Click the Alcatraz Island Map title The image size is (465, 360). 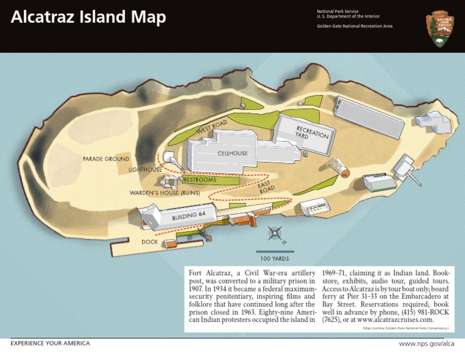click(x=88, y=18)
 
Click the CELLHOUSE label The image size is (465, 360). click(x=232, y=153)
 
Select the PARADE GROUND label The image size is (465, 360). click(x=106, y=159)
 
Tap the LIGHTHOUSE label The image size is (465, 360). click(x=145, y=170)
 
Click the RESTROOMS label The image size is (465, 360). click(x=200, y=180)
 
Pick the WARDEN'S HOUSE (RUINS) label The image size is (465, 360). click(x=165, y=193)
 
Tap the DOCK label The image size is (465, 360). click(x=150, y=242)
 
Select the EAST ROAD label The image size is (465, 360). click(x=265, y=186)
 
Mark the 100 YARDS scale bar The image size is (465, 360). click(x=275, y=252)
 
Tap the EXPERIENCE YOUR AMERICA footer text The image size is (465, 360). click(x=50, y=344)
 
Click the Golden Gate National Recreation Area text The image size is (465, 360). click(x=354, y=26)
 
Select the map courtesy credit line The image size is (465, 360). click(x=405, y=328)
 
